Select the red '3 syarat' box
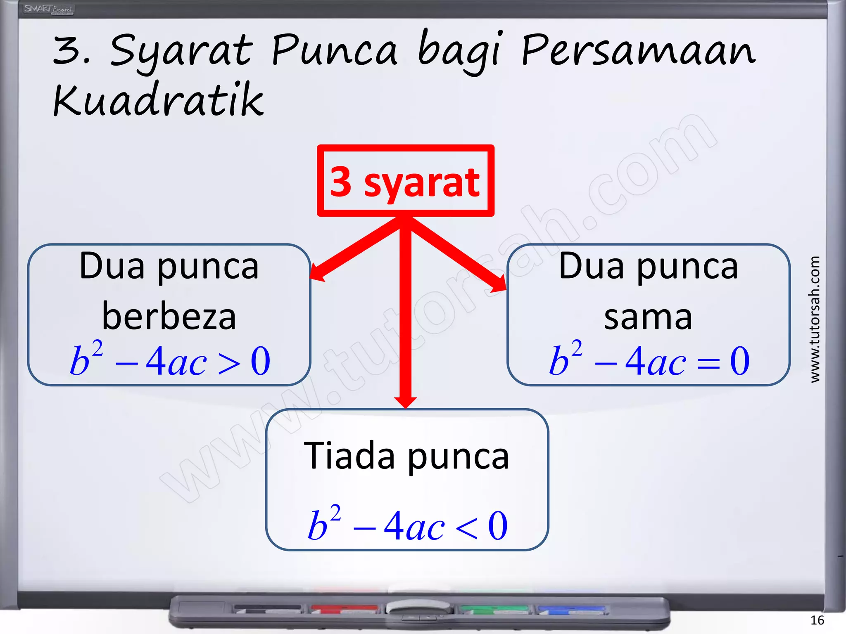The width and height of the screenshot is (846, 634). [x=405, y=181]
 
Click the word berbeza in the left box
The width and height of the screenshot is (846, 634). [x=169, y=317]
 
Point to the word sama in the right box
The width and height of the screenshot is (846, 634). [x=648, y=317]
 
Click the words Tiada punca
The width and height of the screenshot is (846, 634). [x=406, y=456]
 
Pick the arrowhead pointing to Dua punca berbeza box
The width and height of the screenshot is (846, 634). [x=317, y=273]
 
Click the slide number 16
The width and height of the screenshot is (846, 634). [x=817, y=620]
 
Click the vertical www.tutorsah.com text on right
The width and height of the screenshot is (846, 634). [x=814, y=319]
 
